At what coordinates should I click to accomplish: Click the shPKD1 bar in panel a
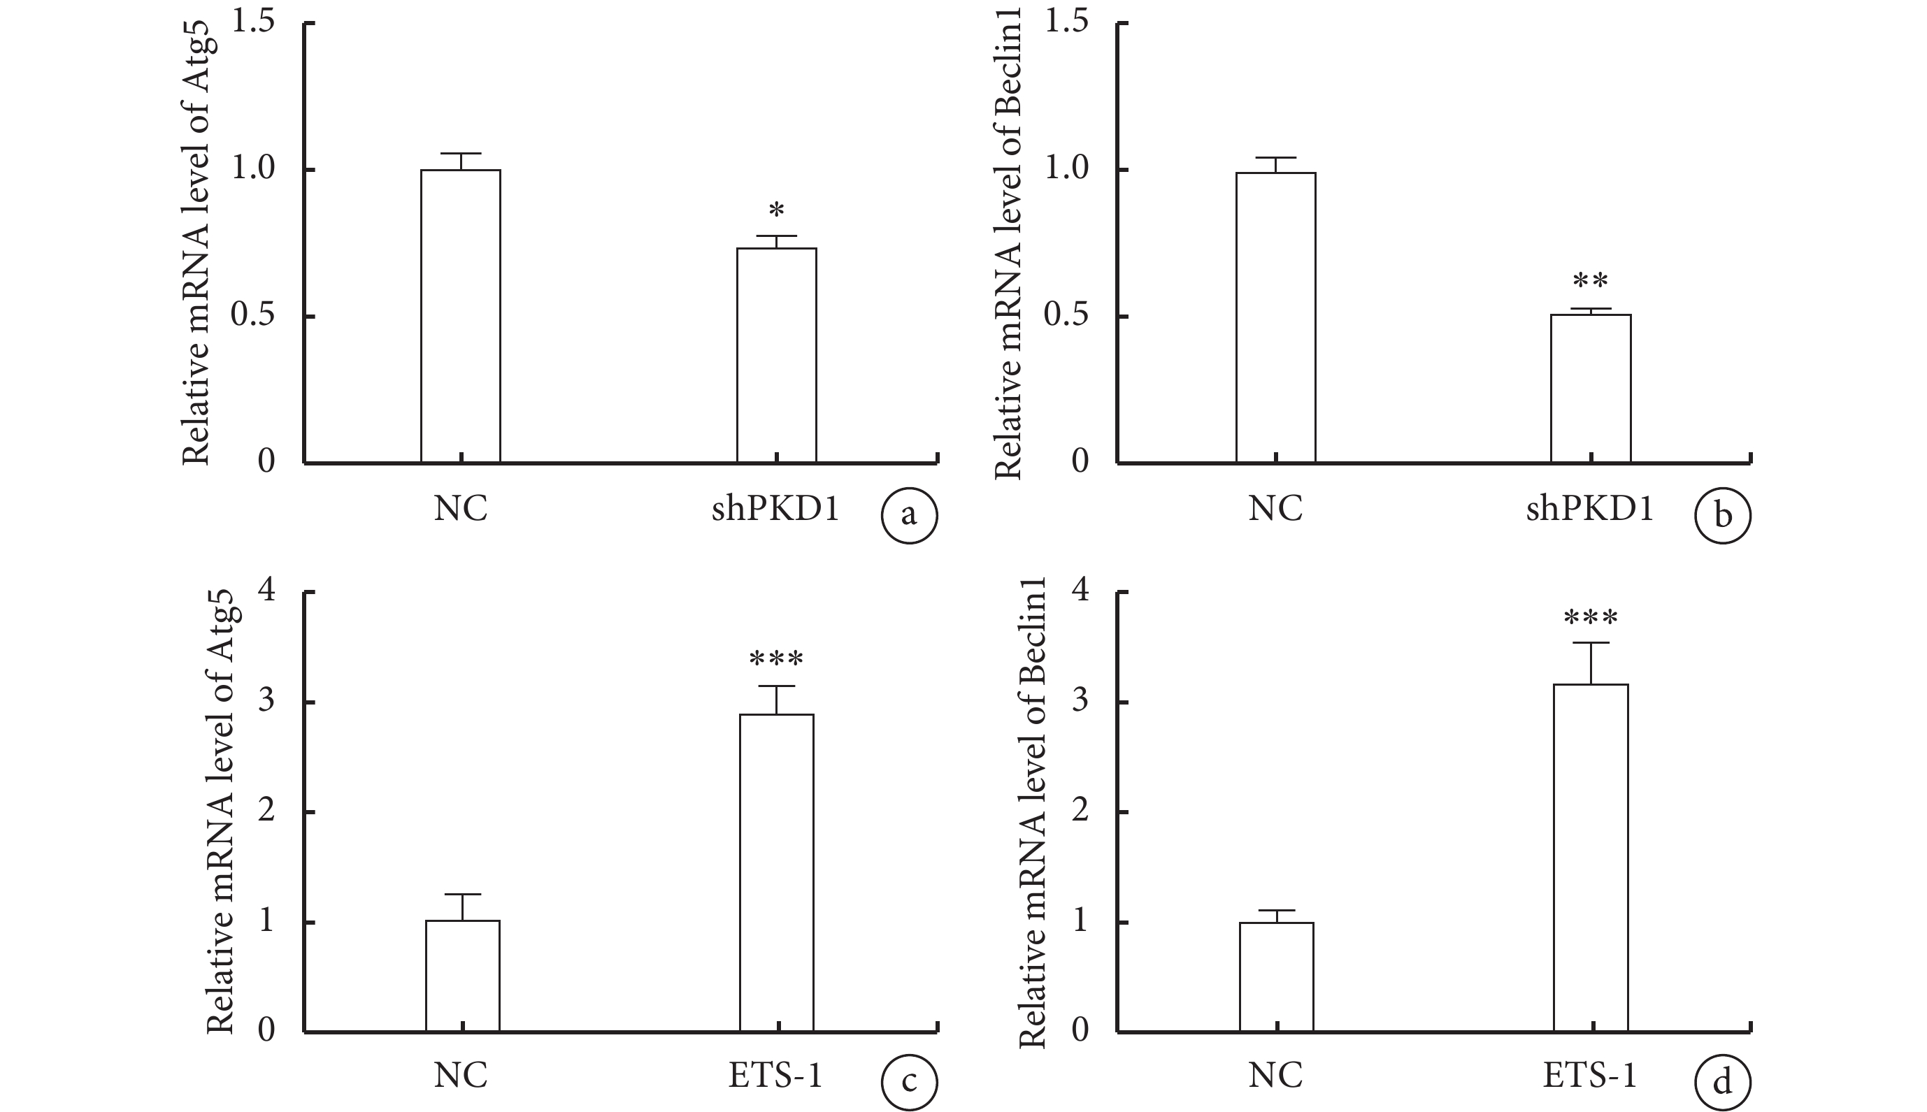pyautogui.click(x=776, y=355)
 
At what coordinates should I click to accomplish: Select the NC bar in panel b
pyautogui.click(x=1275, y=317)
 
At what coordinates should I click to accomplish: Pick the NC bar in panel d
pyautogui.click(x=1276, y=977)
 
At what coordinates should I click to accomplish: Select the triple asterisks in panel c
pyautogui.click(x=776, y=659)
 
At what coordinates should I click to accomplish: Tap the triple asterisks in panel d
pyautogui.click(x=1590, y=618)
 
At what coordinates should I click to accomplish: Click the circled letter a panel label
pyautogui.click(x=909, y=516)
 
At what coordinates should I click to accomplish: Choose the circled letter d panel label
pyautogui.click(x=1722, y=1083)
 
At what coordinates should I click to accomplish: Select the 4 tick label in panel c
pyautogui.click(x=266, y=591)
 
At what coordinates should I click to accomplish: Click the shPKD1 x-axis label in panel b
pyautogui.click(x=1589, y=509)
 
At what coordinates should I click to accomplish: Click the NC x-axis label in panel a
pyautogui.click(x=461, y=509)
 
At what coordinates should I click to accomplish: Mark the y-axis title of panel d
pyautogui.click(x=1032, y=813)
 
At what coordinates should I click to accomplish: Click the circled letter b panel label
pyautogui.click(x=1722, y=516)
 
